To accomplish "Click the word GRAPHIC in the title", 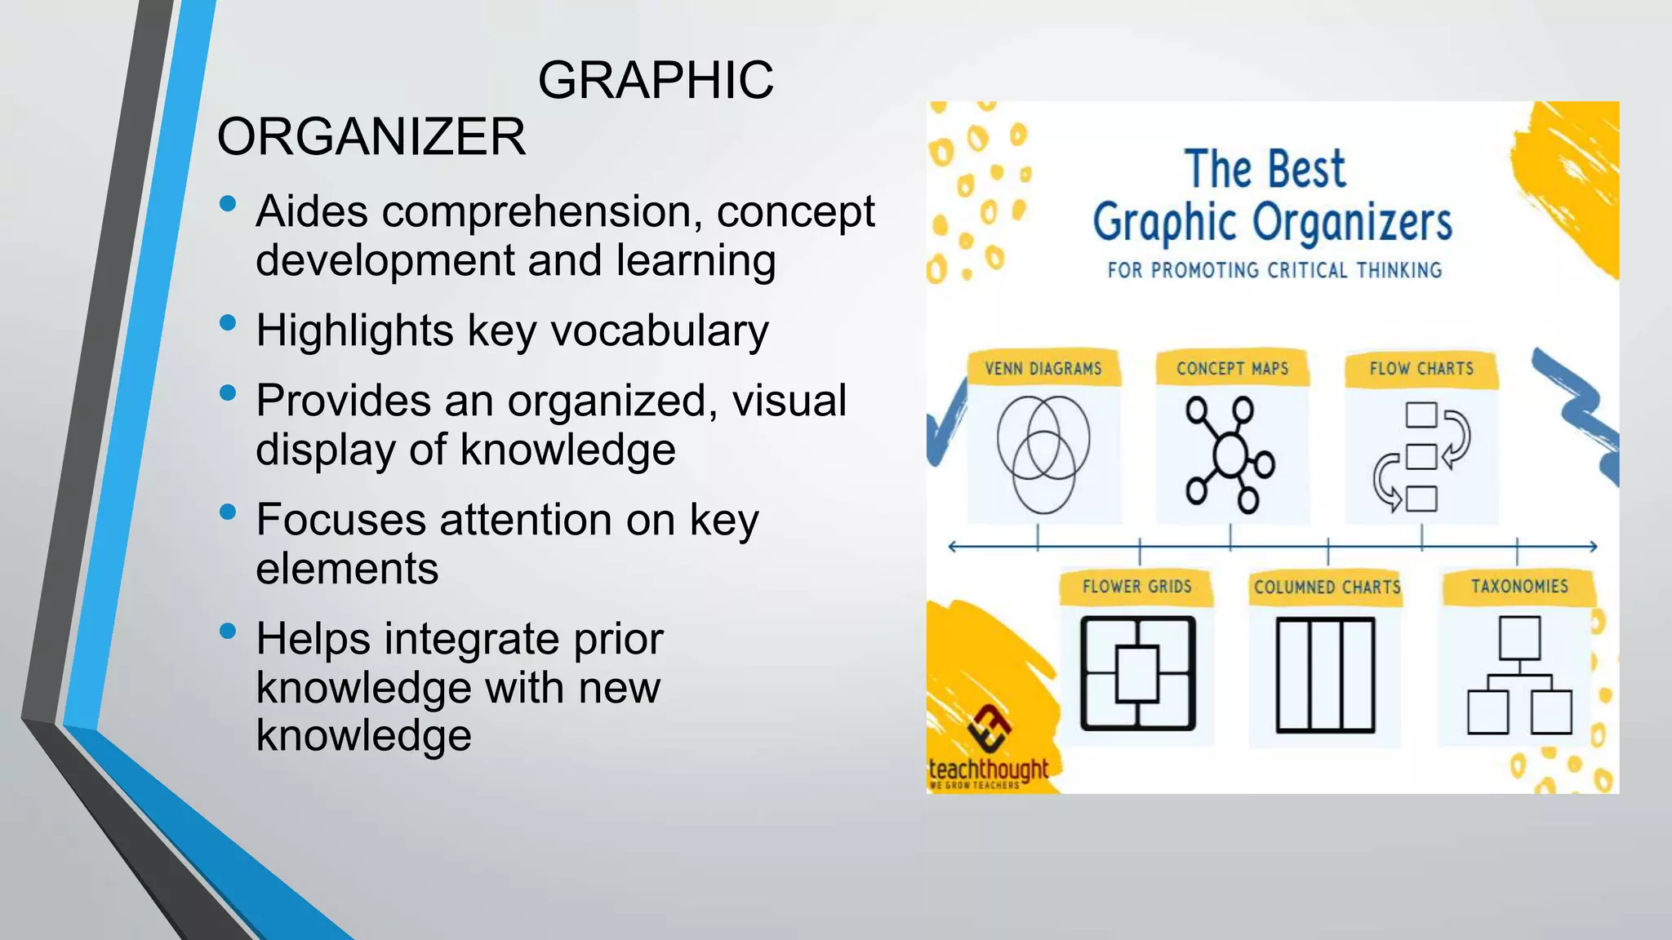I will (656, 80).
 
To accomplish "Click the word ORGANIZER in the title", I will (371, 136).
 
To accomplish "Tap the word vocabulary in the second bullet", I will (660, 330).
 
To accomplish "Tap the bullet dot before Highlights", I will (228, 323).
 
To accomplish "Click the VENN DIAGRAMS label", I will (1043, 369).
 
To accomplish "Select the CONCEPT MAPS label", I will (1232, 369).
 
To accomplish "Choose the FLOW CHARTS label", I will (1421, 369).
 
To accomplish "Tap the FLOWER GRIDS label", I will (1136, 587).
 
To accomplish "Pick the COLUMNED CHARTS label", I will (1327, 587).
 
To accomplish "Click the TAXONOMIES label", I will (1519, 587).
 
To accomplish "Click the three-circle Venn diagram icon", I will (1043, 454).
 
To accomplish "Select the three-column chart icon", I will (1326, 675).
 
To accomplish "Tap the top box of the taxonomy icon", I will (1519, 637).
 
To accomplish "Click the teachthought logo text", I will (988, 769).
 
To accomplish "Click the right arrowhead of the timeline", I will (1592, 547).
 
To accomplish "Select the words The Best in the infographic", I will (1265, 170).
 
